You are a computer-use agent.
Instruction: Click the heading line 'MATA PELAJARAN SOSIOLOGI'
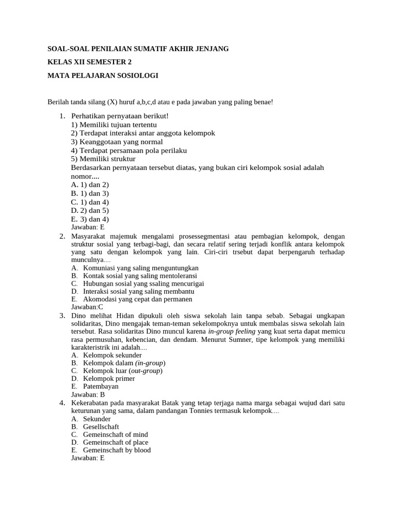[102, 76]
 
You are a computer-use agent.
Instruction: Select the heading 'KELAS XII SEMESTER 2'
[93, 62]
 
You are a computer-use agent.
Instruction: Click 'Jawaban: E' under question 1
[88, 227]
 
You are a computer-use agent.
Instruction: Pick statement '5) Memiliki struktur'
[103, 159]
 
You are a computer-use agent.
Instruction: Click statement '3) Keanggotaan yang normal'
[117, 142]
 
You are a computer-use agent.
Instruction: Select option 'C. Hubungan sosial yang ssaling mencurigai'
[137, 283]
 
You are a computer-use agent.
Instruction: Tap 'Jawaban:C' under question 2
[87, 307]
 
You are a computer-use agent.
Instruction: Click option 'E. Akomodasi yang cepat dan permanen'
[132, 299]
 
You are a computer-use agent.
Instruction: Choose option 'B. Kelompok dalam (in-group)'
[118, 363]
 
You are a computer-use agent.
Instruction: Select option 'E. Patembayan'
[95, 386]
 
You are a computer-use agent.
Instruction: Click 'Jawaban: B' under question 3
[88, 395]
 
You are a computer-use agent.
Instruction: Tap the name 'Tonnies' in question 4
[207, 411]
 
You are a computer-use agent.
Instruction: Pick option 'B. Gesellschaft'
[95, 427]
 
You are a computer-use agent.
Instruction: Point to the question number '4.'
[62, 403]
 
